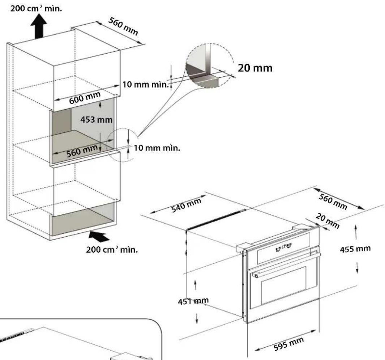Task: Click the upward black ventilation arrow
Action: pos(39,26)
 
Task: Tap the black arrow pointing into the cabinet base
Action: pos(99,236)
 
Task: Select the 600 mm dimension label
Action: pos(85,98)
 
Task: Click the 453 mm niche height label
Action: pos(96,120)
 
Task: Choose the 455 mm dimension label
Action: pos(355,249)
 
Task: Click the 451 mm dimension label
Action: pos(193,301)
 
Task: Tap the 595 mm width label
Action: pos(289,344)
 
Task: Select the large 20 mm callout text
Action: pos(255,68)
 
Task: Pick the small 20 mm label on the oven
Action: pos(328,221)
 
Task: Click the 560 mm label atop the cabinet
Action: pos(123,26)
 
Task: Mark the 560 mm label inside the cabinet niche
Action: pos(82,151)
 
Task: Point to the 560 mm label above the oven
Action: pos(333,202)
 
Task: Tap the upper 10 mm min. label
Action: pos(146,85)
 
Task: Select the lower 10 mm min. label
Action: pos(157,148)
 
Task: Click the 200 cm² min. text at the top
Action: pos(36,8)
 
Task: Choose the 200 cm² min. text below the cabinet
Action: pos(112,249)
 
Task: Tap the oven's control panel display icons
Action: pos(283,247)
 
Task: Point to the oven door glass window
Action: pos(283,285)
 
